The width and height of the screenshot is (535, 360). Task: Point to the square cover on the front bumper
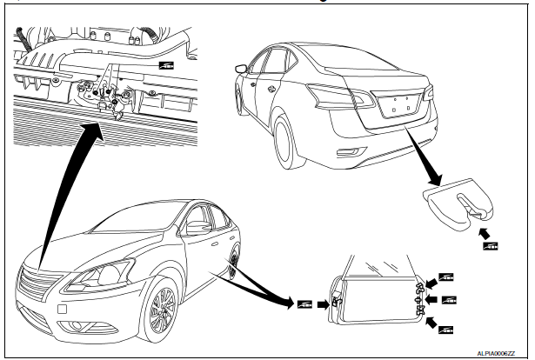(63, 310)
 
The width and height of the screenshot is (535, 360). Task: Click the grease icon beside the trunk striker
(491, 247)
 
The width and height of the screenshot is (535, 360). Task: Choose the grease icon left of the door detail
(304, 303)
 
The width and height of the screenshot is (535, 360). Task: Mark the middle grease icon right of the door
(450, 301)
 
